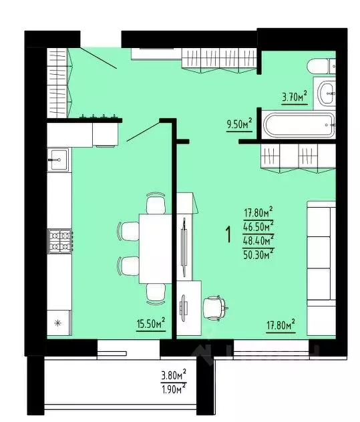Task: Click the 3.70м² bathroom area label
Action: (x=294, y=97)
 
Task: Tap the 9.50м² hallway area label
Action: (x=239, y=124)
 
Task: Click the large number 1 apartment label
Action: (x=228, y=235)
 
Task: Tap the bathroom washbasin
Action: (x=327, y=93)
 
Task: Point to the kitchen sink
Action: (x=57, y=158)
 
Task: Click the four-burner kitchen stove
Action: (x=59, y=240)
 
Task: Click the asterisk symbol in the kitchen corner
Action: (x=57, y=324)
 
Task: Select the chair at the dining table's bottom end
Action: (x=156, y=292)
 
